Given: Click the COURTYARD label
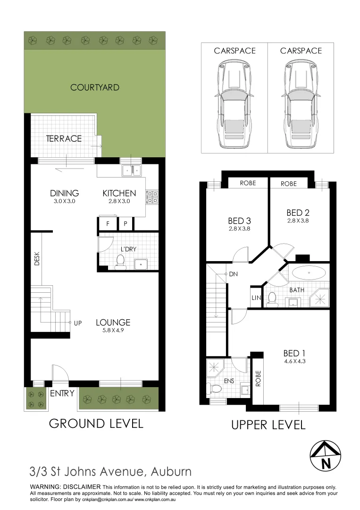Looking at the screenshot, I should tap(94, 87).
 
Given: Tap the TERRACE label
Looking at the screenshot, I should tap(64, 139).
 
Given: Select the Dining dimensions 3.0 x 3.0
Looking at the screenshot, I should tap(64, 201).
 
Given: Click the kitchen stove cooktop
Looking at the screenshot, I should tap(152, 196).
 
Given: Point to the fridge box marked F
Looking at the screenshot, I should tap(108, 224).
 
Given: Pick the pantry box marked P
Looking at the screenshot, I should tap(126, 224).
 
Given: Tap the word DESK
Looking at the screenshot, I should tap(37, 259).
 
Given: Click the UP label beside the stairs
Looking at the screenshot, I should tap(78, 323).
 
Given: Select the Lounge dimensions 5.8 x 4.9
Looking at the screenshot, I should tap(113, 331).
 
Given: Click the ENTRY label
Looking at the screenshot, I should tap(62, 393).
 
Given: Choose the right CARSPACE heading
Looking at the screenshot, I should tap(301, 51).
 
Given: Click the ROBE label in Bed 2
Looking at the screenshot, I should tap(288, 184).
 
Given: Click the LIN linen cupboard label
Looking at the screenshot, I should tap(255, 297).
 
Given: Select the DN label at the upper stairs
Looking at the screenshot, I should tap(233, 274).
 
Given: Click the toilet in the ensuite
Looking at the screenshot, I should tap(216, 389).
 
